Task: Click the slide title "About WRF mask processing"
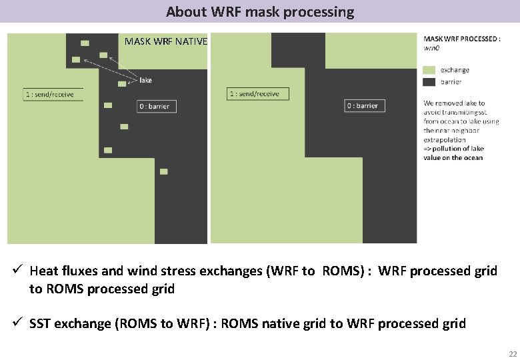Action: tap(260, 11)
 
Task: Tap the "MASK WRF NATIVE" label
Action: tap(166, 42)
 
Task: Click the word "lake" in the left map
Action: tap(146, 80)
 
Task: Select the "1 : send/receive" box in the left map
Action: tap(50, 94)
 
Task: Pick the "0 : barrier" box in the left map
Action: tap(154, 106)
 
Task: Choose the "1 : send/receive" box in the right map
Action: tap(254, 94)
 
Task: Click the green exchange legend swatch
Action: tap(429, 70)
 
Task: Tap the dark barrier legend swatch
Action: tap(429, 81)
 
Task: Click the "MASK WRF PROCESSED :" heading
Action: tap(461, 39)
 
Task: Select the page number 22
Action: tap(512, 353)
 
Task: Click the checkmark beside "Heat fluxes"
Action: tap(18, 270)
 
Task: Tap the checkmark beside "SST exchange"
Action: tap(18, 323)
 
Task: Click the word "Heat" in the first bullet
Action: tap(44, 271)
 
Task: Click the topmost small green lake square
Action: tap(85, 43)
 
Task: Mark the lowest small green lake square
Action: tap(163, 171)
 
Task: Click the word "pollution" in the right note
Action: tap(449, 149)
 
